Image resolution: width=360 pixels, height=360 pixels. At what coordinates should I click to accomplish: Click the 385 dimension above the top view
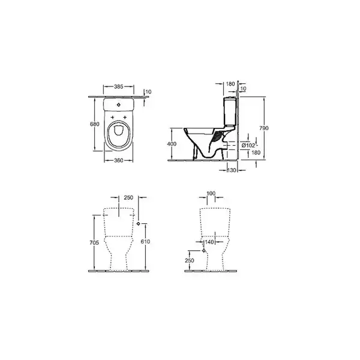(119, 86)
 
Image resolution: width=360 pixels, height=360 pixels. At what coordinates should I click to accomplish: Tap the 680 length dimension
(95, 124)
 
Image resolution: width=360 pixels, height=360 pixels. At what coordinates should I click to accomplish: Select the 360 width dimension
(119, 160)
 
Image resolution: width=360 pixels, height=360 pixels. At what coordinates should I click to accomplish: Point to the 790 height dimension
(264, 128)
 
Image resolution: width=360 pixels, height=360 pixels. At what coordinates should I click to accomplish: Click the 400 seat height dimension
(172, 144)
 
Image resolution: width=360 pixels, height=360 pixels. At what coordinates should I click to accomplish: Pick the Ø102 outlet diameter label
(248, 145)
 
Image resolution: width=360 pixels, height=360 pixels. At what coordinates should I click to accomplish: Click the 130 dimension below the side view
(232, 170)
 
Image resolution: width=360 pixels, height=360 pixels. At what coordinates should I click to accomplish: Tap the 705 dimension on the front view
(94, 242)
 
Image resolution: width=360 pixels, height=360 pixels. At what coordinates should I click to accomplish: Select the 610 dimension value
(145, 242)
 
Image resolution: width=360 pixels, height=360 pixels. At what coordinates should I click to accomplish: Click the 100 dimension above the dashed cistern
(211, 194)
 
